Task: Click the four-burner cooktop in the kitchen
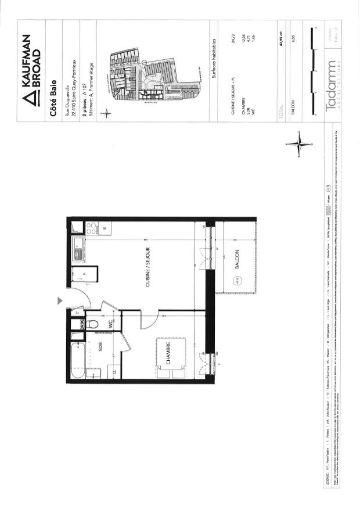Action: (x=92, y=229)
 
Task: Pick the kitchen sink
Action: (x=78, y=252)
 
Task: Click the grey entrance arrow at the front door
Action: (x=60, y=300)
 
